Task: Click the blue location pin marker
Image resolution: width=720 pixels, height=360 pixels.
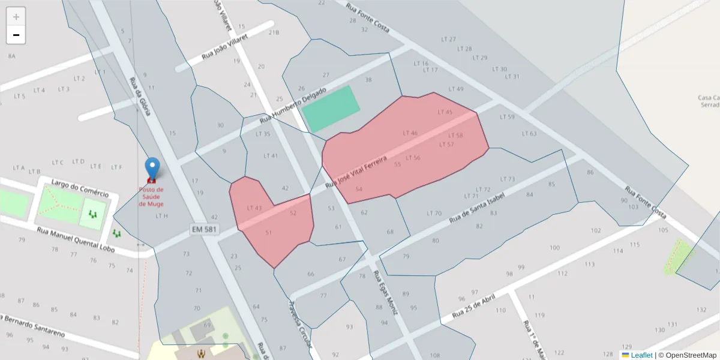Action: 153,168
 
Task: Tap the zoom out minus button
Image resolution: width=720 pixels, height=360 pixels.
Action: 16,35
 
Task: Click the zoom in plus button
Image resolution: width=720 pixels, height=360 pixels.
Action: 16,16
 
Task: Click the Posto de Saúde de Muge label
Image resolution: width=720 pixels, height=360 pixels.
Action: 151,196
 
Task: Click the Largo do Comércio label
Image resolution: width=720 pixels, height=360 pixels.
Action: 80,188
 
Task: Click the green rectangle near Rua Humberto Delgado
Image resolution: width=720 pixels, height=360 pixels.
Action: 331,109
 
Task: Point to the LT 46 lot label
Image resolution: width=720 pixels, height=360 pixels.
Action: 410,133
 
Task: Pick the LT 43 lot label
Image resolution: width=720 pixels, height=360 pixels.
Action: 254,208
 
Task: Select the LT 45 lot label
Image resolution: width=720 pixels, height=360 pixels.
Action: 445,112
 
